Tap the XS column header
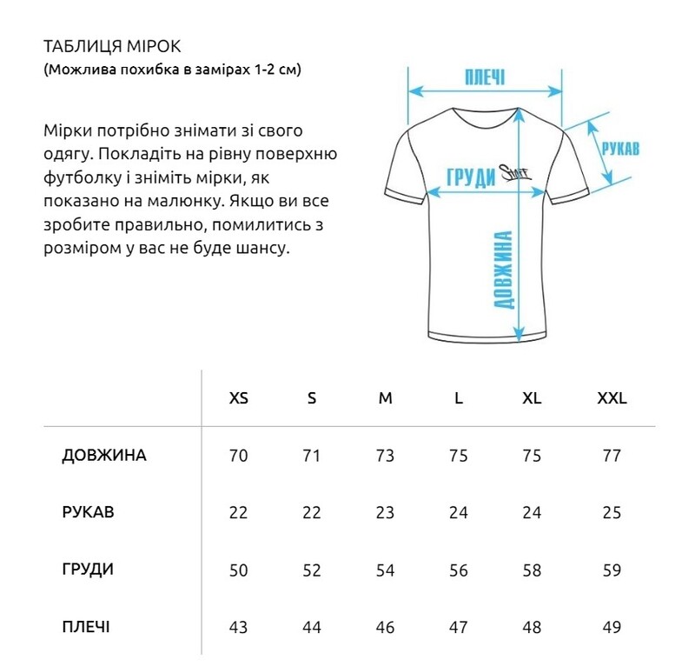point(238,399)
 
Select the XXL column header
point(612,399)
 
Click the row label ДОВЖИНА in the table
point(104,456)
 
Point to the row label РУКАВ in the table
point(89,512)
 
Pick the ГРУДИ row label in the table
point(89,570)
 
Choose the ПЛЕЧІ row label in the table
point(87,626)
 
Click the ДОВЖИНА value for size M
point(385,456)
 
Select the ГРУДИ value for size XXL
point(612,570)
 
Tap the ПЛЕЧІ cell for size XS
point(238,627)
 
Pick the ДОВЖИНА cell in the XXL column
point(612,456)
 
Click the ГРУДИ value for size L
point(459,570)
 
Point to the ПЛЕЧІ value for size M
point(385,627)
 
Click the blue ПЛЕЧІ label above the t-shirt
point(486,76)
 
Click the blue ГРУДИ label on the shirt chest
point(469,176)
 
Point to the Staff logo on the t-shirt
point(515,176)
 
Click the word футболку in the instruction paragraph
point(78,178)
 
